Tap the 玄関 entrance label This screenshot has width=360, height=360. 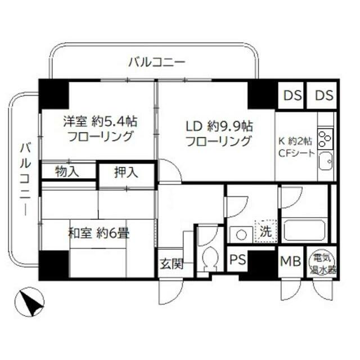[169, 264]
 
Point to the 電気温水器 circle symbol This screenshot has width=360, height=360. [324, 263]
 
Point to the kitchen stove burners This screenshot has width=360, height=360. [325, 138]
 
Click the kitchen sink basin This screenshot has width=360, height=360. [325, 163]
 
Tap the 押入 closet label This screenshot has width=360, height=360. [126, 173]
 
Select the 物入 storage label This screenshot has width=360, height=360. [67, 171]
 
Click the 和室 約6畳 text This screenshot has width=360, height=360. [99, 233]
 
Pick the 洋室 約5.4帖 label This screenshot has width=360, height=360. [100, 121]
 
